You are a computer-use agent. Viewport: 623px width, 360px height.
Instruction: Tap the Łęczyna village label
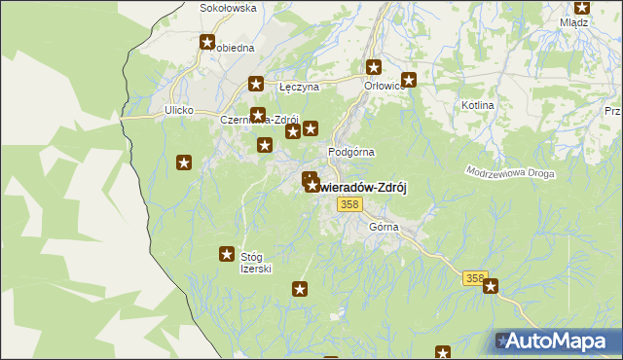pyautogui.click(x=299, y=87)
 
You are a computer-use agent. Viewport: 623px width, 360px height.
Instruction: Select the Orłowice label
pyautogui.click(x=385, y=85)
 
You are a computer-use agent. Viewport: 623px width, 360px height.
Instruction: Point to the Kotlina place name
pyautogui.click(x=478, y=104)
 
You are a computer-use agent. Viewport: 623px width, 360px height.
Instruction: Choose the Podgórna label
pyautogui.click(x=351, y=152)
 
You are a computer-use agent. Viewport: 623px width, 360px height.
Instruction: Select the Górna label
pyautogui.click(x=385, y=227)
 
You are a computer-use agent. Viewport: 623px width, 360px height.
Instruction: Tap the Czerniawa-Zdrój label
pyautogui.click(x=258, y=120)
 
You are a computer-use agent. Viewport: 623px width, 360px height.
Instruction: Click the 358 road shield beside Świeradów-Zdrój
pyautogui.click(x=350, y=204)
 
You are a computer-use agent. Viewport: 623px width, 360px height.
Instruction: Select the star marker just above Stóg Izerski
pyautogui.click(x=227, y=254)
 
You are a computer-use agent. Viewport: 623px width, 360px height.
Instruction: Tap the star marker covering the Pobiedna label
pyautogui.click(x=207, y=42)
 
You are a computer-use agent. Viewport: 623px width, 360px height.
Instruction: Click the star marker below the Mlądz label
pyautogui.click(x=581, y=7)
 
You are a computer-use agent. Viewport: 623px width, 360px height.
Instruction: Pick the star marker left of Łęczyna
pyautogui.click(x=256, y=85)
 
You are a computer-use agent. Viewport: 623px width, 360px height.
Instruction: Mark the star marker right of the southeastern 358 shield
pyautogui.click(x=491, y=286)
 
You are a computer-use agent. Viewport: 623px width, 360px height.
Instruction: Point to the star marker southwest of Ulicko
pyautogui.click(x=183, y=162)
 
